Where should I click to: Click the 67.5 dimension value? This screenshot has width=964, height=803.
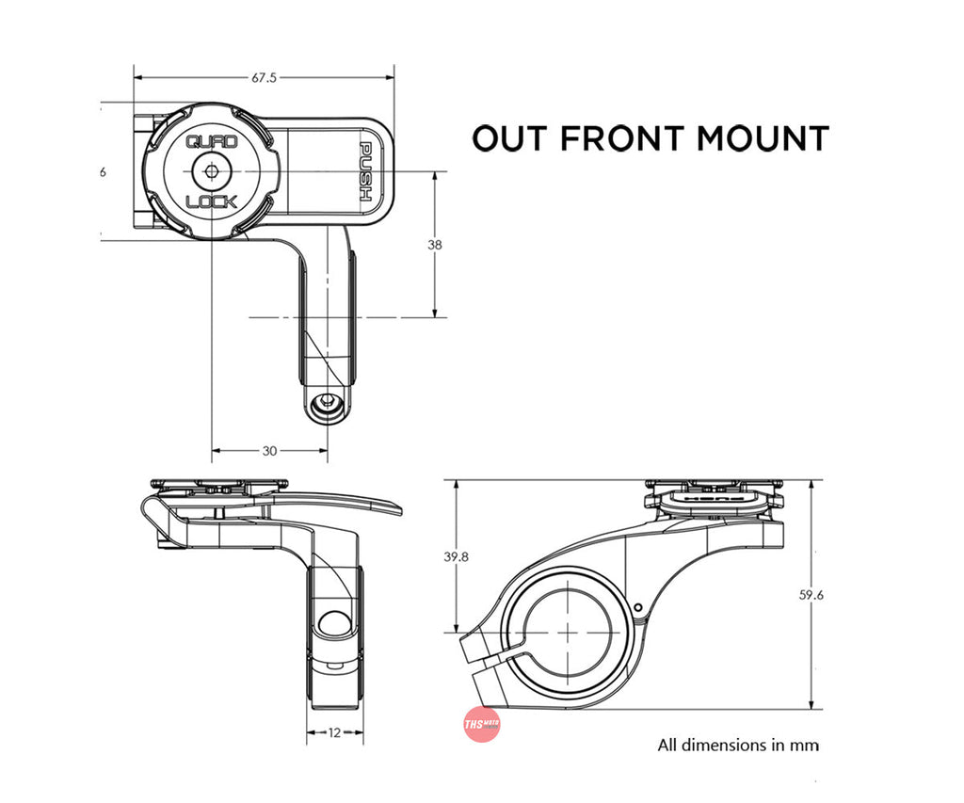[264, 78]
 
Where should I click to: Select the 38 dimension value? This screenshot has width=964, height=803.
[434, 245]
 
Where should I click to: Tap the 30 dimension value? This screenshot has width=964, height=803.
[269, 451]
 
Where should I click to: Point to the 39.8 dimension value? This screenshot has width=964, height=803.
[456, 557]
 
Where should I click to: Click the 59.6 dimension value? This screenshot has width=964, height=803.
[811, 595]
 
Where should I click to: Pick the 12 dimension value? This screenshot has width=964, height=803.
[335, 731]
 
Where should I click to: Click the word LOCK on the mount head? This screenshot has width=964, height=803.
[212, 201]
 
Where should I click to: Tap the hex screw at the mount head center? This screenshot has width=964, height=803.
[212, 172]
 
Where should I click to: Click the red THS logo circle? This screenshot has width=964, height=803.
[482, 726]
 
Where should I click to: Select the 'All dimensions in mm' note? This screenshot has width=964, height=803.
[738, 745]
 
